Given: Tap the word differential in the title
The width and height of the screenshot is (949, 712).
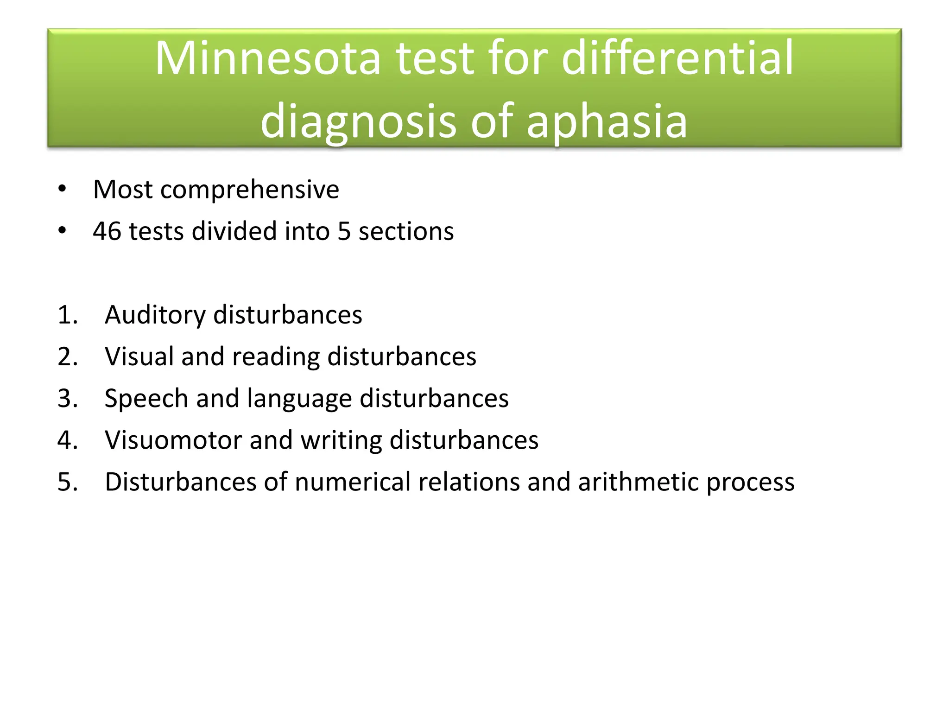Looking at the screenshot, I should coord(677,58).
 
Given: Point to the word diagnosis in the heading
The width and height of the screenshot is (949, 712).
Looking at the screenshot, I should coord(359,121).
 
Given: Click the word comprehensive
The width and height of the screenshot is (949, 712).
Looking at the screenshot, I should coord(250,190).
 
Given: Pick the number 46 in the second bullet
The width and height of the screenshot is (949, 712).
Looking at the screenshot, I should coord(107,231).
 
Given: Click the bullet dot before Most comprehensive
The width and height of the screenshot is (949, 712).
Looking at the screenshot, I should coord(62,189).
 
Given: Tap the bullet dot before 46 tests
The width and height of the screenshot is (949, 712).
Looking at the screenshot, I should coord(62,230).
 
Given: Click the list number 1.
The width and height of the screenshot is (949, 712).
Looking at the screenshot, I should coord(67,315).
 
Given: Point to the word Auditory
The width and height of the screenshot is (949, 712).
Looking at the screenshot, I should coord(155,315).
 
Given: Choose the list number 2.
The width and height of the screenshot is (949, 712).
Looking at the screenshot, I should coord(67,357).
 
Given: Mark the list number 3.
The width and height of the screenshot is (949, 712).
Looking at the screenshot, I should coord(67,399).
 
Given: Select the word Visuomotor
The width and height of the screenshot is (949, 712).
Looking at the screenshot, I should coord(173,440).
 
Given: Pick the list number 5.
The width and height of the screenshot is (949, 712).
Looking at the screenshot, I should coord(67,482).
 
